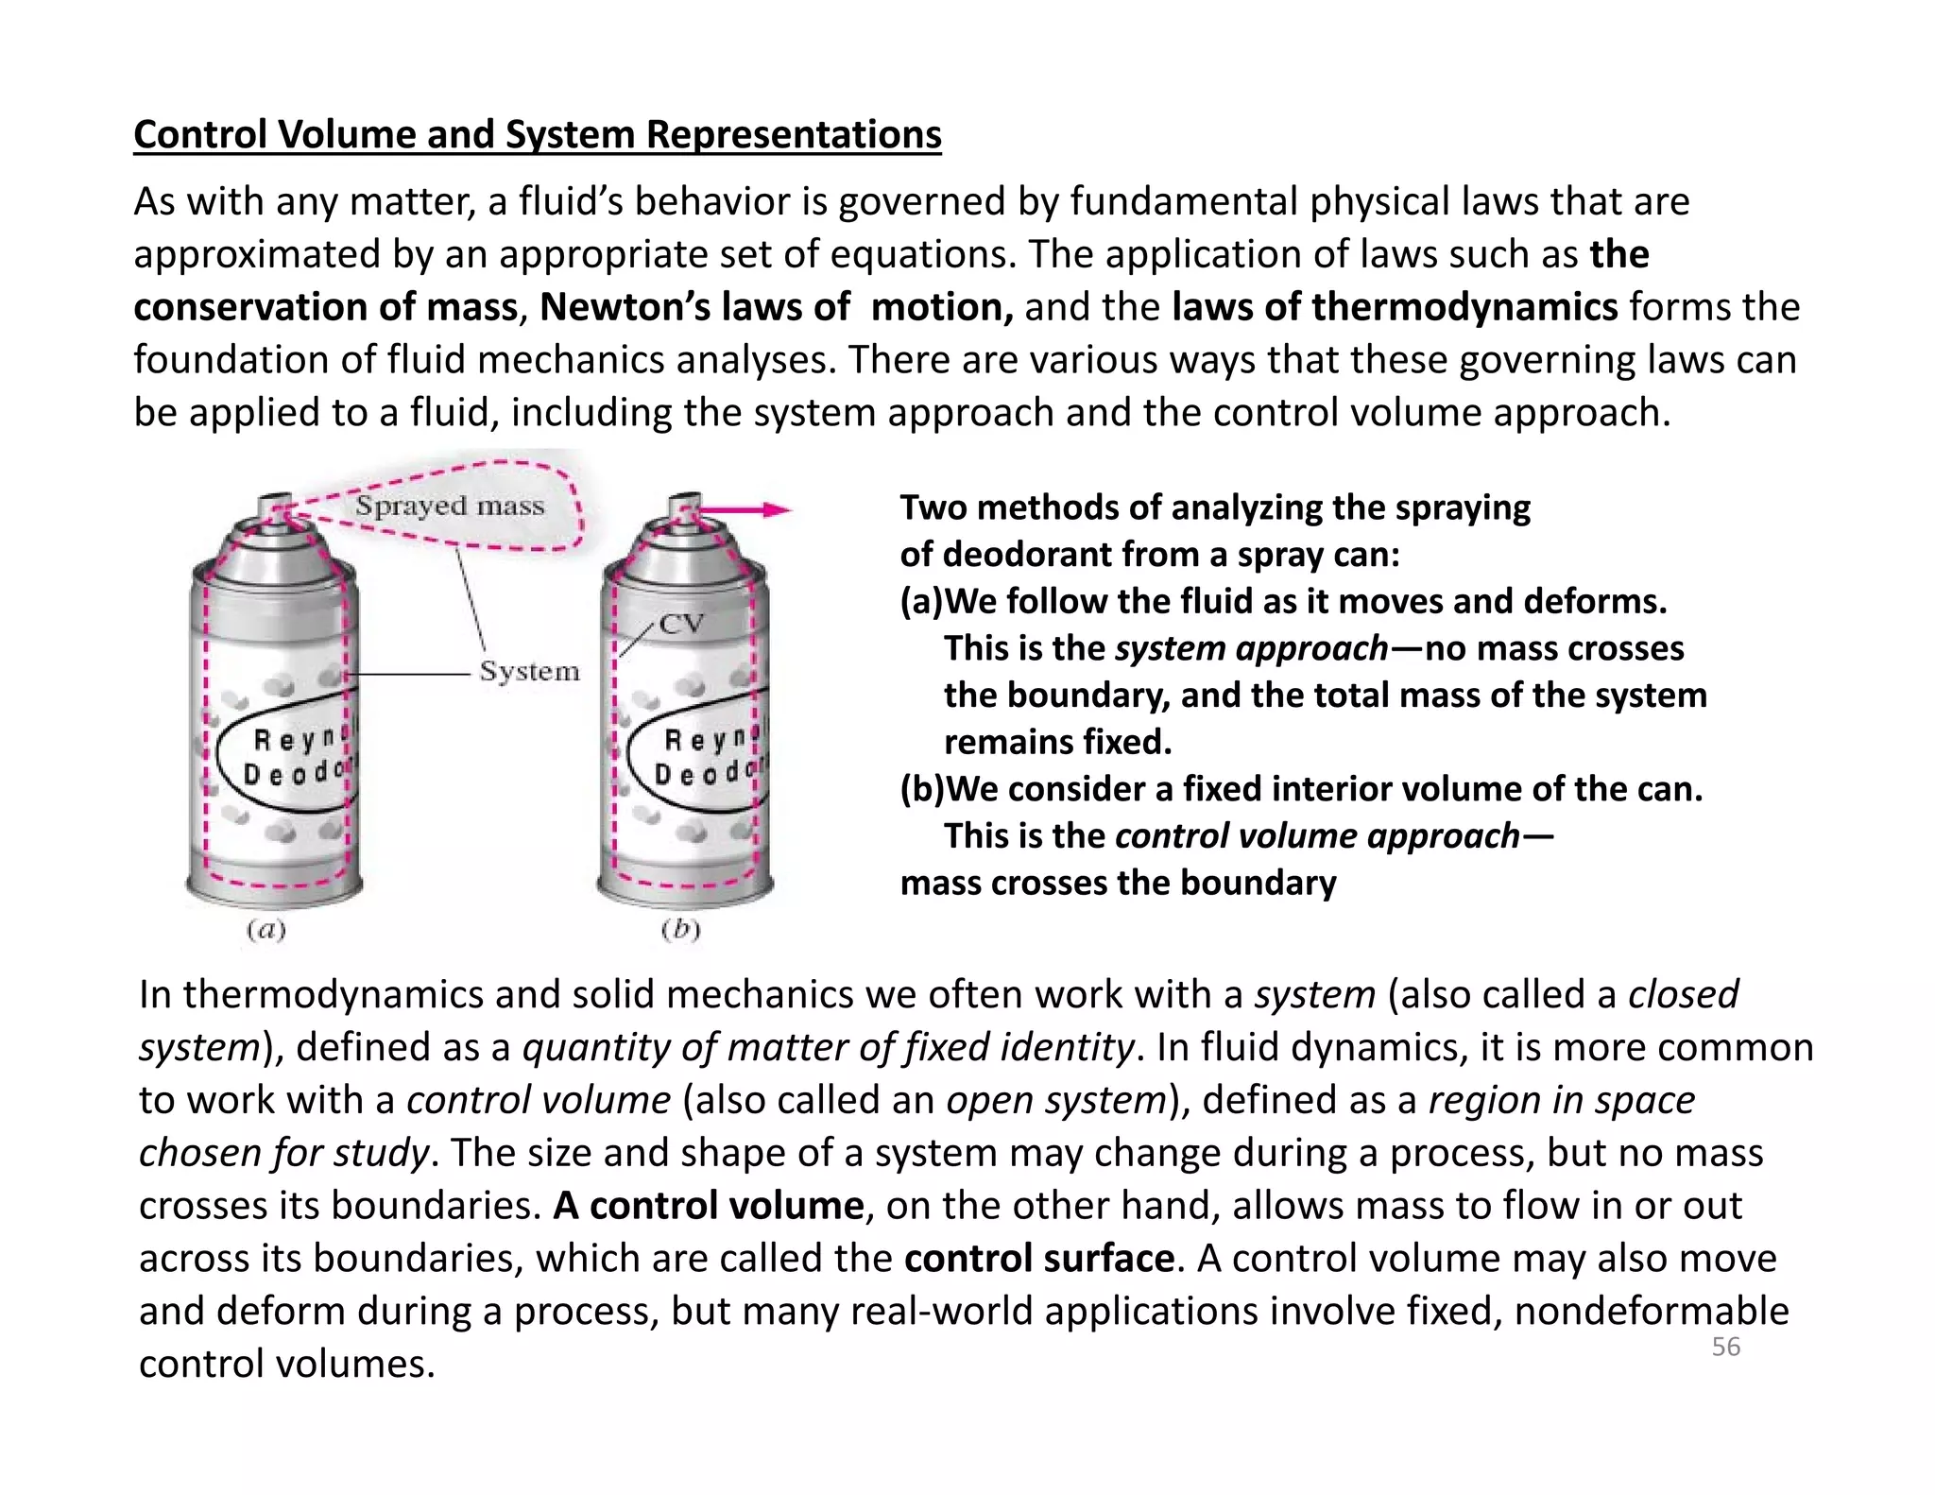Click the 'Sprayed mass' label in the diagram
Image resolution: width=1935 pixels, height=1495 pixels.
[450, 506]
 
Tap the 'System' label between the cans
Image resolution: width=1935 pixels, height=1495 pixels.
[529, 672]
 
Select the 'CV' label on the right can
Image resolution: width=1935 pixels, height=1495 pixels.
[681, 625]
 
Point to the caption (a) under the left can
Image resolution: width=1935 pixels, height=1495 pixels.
[265, 930]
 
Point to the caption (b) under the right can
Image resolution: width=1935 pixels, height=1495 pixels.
[680, 930]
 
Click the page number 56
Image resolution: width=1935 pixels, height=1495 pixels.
[1725, 1347]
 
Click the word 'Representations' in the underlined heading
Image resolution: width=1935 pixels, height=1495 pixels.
[794, 134]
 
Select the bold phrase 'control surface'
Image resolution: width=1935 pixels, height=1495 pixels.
[1038, 1258]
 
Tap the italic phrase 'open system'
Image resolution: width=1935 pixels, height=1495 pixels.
[1056, 1100]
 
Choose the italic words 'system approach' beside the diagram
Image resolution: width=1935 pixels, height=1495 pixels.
[1251, 648]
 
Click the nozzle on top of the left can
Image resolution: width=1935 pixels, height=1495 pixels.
[274, 501]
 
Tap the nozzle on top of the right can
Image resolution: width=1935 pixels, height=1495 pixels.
[683, 502]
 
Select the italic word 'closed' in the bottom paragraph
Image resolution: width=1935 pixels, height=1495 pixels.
[1683, 994]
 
